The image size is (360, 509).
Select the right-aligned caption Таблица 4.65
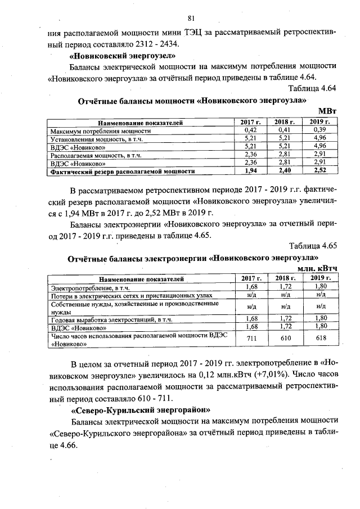pyautogui.click(x=312, y=246)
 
